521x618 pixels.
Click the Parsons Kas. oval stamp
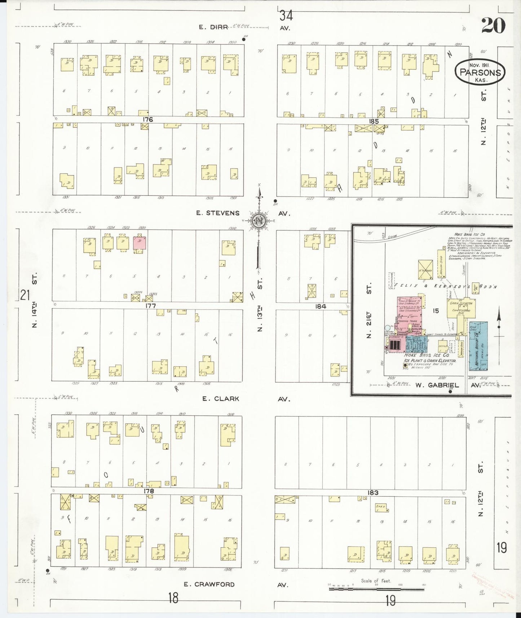[480, 72]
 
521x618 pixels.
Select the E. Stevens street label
[218, 213]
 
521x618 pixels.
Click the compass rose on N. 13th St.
[259, 220]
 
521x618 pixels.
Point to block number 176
[147, 119]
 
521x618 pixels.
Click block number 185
[374, 122]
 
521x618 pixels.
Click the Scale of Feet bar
[376, 589]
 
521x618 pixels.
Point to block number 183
[373, 493]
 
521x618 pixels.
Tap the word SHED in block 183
[380, 507]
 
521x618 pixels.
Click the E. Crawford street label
[209, 584]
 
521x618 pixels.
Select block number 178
[149, 491]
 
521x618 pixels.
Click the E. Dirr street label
[213, 27]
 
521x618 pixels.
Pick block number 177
[150, 306]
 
